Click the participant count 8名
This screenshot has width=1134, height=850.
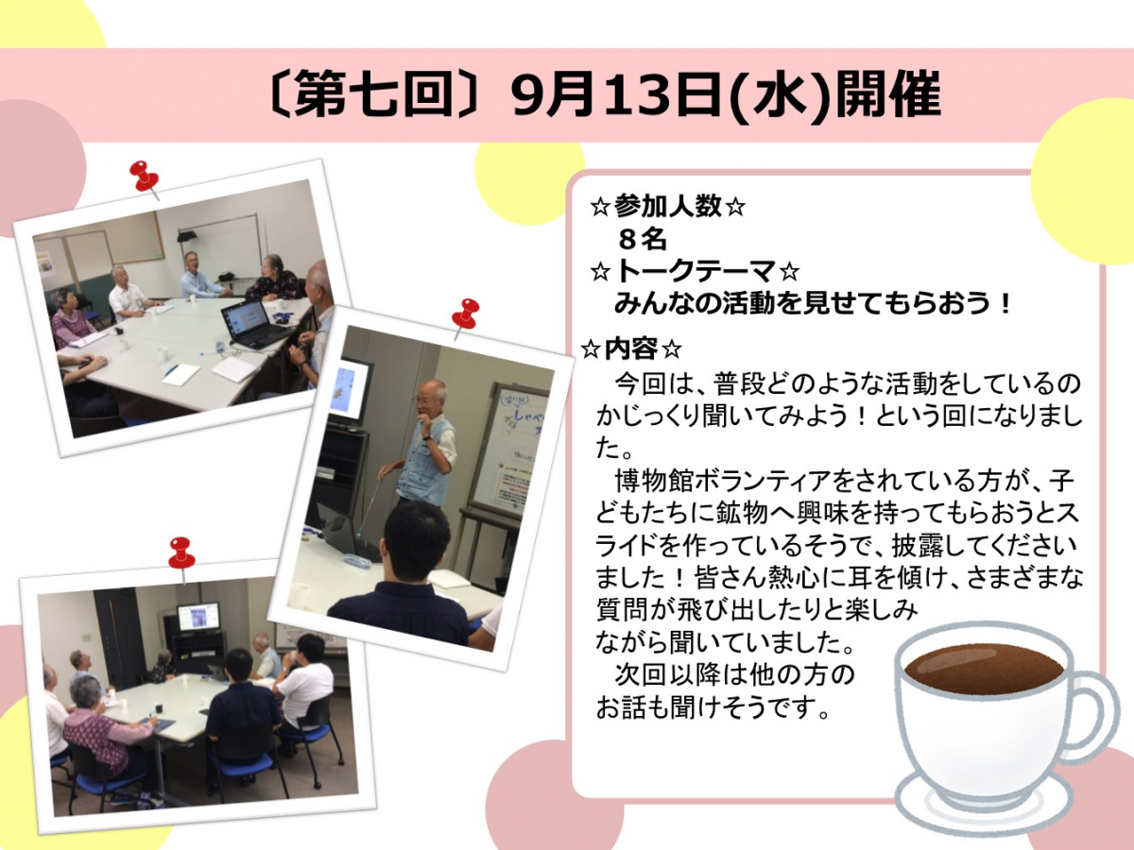click(x=643, y=240)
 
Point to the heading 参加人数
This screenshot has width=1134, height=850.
click(x=667, y=207)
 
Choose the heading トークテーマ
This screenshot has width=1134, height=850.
click(x=696, y=271)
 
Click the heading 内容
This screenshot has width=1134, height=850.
click(x=631, y=348)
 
